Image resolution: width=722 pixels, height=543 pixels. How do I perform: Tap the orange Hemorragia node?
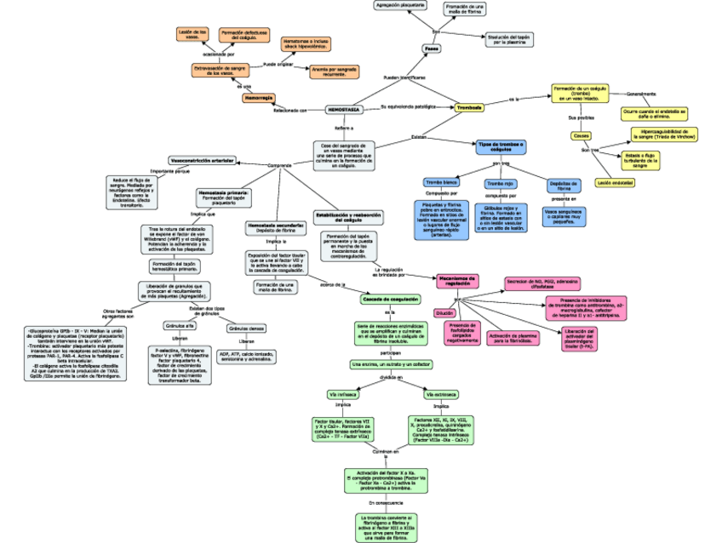tap(258, 99)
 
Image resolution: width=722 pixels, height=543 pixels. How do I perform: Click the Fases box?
tap(431, 48)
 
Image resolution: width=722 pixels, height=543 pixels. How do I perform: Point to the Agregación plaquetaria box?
tap(400, 5)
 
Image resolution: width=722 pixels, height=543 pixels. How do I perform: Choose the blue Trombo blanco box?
tap(441, 183)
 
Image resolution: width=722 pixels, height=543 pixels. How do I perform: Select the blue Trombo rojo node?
tap(500, 183)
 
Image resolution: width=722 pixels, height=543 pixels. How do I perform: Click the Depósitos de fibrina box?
tap(563, 186)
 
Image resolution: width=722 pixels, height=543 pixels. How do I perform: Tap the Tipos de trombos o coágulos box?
tap(501, 147)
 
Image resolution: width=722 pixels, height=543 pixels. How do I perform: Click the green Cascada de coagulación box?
tap(391, 300)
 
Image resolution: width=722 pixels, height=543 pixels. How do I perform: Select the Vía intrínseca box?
tap(342, 394)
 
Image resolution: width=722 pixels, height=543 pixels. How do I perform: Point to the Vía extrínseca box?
tap(441, 394)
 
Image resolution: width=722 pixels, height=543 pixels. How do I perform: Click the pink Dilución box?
tap(444, 313)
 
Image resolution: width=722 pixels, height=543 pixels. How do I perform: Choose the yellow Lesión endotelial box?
tap(615, 182)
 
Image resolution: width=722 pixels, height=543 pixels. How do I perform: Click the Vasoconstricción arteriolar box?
tap(203, 160)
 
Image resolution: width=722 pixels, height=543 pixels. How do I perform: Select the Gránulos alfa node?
tap(179, 326)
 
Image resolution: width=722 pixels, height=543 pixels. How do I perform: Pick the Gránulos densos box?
tap(246, 328)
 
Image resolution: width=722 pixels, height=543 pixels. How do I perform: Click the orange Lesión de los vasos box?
tap(192, 34)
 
